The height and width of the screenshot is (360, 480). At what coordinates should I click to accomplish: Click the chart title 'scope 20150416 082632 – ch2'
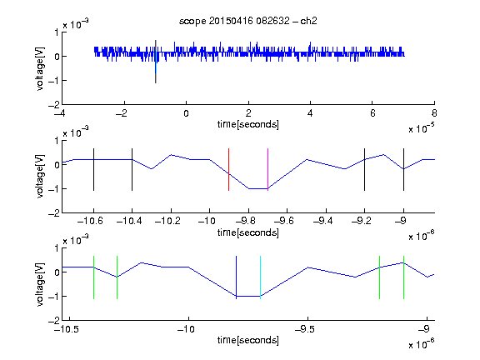tap(248, 21)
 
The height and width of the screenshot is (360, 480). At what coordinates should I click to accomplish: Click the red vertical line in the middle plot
tap(228, 170)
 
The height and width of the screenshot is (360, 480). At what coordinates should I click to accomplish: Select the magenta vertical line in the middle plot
tap(267, 170)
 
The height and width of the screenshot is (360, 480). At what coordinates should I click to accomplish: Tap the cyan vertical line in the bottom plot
tap(260, 277)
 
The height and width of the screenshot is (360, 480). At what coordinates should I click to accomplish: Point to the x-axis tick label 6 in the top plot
tap(372, 113)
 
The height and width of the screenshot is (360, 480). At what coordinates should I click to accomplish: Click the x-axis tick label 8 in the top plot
tap(434, 113)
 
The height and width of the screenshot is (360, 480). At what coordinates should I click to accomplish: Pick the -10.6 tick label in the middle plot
tap(90, 221)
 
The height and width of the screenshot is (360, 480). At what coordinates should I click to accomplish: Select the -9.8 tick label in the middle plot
tap(246, 221)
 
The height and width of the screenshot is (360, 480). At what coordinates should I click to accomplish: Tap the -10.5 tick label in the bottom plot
tap(66, 329)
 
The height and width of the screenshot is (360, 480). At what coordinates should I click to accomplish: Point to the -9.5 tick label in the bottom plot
tap(305, 329)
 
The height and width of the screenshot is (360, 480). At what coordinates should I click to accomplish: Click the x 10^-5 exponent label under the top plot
tap(422, 128)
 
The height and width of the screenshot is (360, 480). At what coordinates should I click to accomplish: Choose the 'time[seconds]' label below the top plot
tap(248, 125)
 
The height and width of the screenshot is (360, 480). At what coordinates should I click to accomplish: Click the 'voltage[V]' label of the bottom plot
tap(40, 284)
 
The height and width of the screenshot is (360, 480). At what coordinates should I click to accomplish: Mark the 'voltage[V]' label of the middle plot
tap(40, 177)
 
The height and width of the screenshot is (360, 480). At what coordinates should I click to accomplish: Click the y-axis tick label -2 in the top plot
tap(53, 105)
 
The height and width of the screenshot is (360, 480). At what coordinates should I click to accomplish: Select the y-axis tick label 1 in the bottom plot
tap(57, 248)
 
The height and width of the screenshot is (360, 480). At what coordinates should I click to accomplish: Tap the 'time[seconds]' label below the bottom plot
tap(248, 340)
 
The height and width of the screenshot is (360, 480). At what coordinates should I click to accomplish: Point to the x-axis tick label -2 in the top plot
tap(122, 113)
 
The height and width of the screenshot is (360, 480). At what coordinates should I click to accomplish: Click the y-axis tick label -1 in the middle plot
tap(53, 189)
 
